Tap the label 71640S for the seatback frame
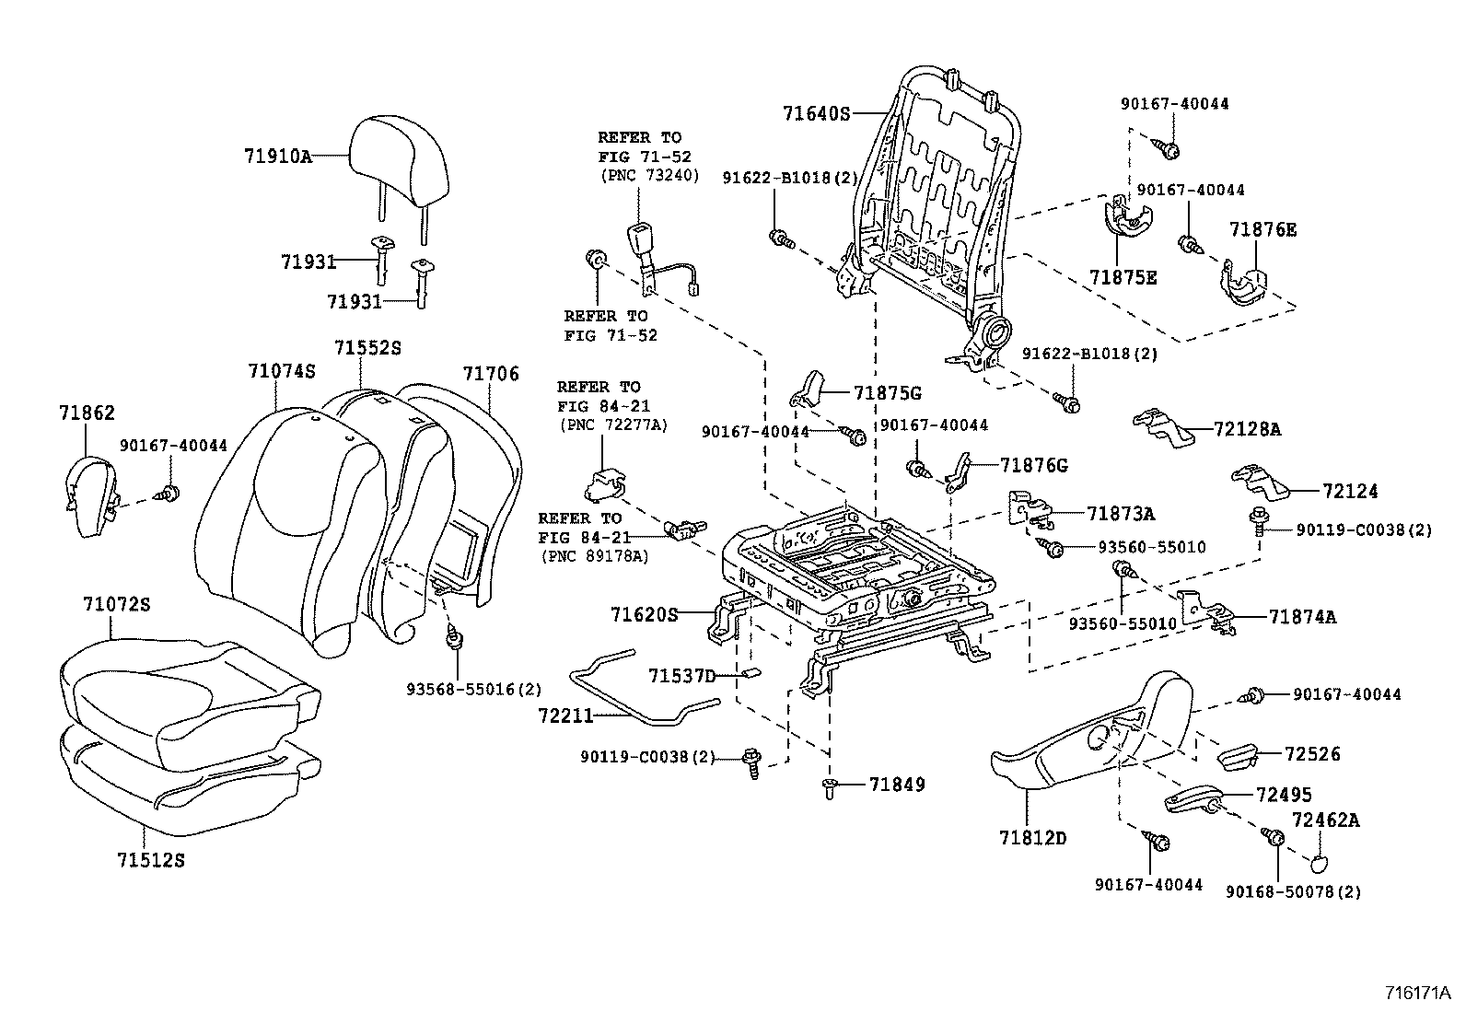tap(816, 114)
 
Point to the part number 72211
tap(566, 715)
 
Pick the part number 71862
tap(87, 413)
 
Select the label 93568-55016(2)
tap(473, 689)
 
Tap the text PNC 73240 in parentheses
tap(648, 175)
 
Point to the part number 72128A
tap(1247, 429)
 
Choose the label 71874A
tap(1301, 617)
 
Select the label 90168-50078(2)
tap(1293, 891)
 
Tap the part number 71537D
tap(681, 676)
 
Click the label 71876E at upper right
tap(1262, 229)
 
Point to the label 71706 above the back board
tap(491, 374)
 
